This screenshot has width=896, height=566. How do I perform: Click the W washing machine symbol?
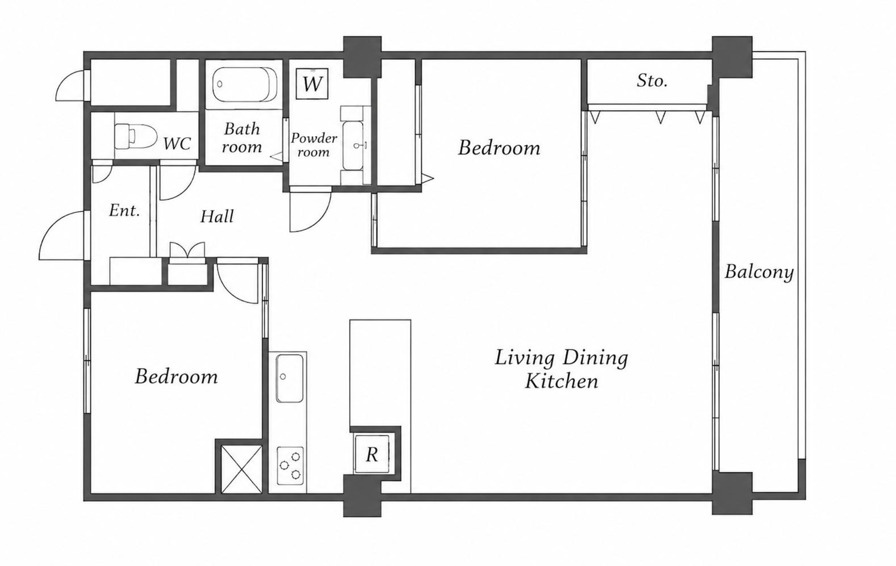coord(312,83)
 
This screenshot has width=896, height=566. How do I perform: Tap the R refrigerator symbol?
coord(371,454)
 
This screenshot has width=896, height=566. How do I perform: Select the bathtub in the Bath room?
coord(244,85)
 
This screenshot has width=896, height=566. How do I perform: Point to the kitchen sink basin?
coord(289,378)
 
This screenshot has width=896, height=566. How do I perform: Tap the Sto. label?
coord(652,81)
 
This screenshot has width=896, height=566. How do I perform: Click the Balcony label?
coord(759,272)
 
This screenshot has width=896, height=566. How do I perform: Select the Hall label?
coord(217,217)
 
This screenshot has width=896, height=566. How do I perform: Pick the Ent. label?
coord(124,211)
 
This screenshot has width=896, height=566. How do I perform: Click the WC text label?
coord(177,144)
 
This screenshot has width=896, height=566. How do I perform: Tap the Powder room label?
coord(313,145)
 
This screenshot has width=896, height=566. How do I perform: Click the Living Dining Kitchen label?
coord(561,369)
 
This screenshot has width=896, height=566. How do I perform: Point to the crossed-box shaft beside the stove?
coord(241,469)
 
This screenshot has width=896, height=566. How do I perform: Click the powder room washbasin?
coord(353,145)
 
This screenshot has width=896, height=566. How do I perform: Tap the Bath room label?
coord(241,138)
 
